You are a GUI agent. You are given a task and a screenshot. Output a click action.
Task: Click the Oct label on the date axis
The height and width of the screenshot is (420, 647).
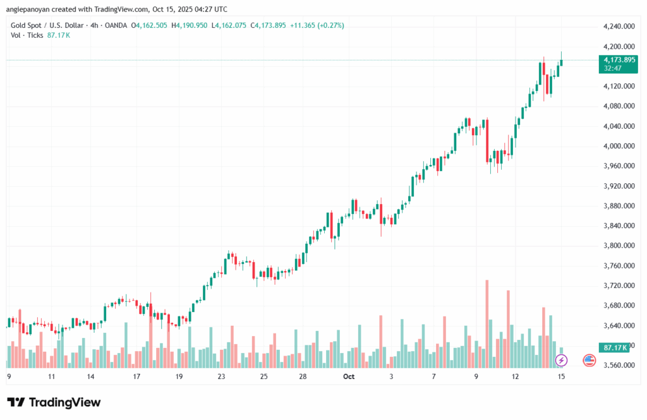tap(349, 376)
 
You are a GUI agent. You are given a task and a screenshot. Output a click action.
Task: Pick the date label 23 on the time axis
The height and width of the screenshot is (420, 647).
tap(221, 376)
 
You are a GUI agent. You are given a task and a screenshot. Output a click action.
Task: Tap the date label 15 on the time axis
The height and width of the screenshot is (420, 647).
tap(561, 376)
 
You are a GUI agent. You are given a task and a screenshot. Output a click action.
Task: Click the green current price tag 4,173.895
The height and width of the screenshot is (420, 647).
tap(619, 60)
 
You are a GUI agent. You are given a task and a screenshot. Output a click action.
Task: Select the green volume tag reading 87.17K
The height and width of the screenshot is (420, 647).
tap(615, 347)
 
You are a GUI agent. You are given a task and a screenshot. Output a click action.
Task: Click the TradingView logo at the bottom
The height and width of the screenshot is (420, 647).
tap(54, 402)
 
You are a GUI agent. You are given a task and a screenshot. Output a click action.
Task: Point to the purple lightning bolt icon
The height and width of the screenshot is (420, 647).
tap(561, 360)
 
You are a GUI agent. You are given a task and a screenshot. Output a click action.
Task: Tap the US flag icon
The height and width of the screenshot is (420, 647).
tap(589, 360)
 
